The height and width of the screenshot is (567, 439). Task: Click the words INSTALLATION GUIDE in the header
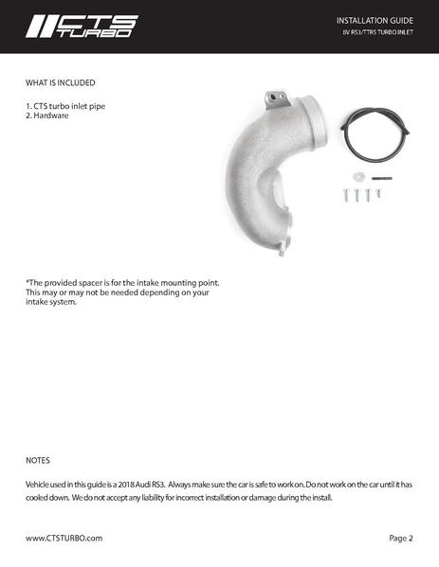375,20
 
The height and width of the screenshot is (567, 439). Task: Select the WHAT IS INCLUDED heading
60,82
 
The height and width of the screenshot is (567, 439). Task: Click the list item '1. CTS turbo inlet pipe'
65,106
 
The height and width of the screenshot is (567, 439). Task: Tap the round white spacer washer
357,177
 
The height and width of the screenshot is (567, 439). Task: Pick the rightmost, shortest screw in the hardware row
377,192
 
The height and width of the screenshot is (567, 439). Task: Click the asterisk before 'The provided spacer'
27,282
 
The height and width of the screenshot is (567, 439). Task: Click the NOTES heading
37,461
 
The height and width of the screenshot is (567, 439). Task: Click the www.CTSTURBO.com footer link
64,538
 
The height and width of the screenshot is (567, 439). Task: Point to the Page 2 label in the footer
400,538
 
